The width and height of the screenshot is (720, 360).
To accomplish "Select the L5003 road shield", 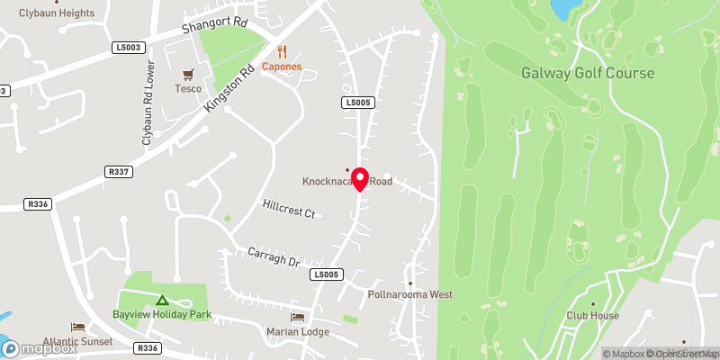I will coord(129,47).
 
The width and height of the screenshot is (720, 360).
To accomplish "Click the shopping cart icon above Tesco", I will coord(189,75).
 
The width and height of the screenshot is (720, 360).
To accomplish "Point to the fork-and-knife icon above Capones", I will coord(282,51).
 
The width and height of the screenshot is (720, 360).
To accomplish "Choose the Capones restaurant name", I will coord(282,67).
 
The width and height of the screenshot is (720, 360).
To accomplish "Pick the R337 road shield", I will coord(118,170).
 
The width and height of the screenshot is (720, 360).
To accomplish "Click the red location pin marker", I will coord(360,179).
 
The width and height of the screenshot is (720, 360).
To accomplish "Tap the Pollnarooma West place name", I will coord(409,294).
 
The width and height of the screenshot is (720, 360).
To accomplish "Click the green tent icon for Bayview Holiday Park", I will coord(162,301).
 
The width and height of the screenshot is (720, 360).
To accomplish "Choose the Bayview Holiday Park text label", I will coord(162,315).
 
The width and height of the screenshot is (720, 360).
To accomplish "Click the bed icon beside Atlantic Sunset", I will coord(77,328).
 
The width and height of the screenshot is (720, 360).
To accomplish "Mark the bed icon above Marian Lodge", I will coord(298,318).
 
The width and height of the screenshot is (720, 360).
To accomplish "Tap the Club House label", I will coord(592,316).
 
